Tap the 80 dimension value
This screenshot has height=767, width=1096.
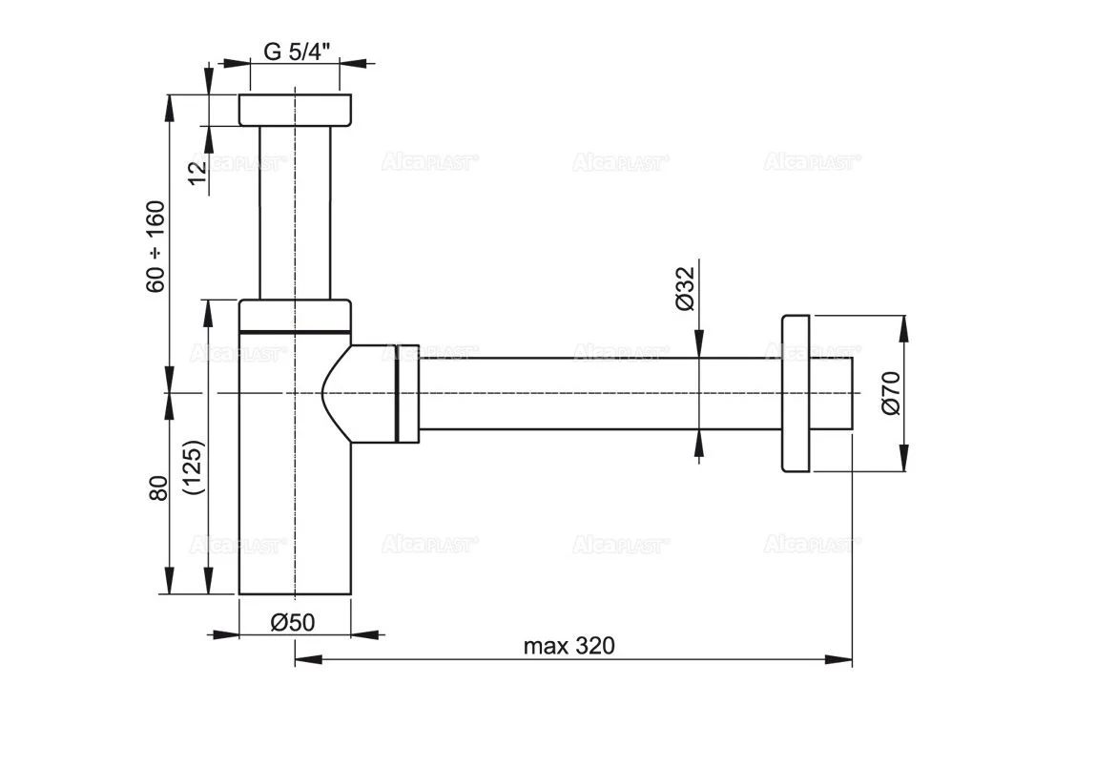(157, 487)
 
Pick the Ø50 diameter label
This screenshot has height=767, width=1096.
(293, 622)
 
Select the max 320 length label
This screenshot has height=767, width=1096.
(569, 646)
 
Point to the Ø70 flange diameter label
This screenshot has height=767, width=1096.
(891, 393)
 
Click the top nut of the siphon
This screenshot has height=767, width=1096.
(295, 110)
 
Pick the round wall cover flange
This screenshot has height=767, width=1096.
(796, 393)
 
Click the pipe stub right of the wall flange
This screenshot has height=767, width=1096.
(832, 393)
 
